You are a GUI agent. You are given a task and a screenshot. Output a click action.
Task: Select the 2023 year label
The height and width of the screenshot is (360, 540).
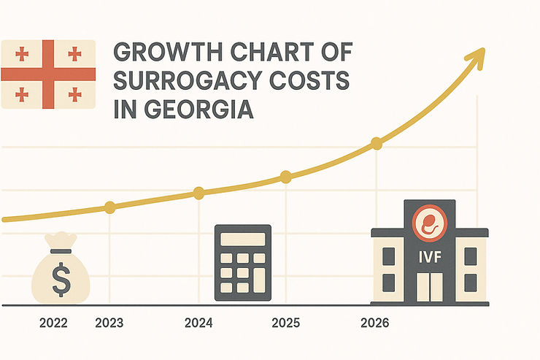[109, 323]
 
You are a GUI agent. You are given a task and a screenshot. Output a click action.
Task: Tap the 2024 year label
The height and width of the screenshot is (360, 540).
[198, 323]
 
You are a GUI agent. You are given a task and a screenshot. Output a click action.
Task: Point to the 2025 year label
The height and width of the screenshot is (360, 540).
[286, 323]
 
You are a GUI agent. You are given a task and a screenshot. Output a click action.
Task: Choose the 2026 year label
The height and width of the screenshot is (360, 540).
[375, 323]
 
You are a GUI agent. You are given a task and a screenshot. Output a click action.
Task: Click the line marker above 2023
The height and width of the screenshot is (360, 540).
[109, 207]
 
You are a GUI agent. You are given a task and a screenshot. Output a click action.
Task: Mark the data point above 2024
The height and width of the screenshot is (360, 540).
[198, 193]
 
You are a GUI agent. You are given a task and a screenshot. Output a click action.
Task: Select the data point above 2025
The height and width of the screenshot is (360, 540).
[286, 176]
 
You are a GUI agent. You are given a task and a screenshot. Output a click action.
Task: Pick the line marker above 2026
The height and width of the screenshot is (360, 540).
[376, 143]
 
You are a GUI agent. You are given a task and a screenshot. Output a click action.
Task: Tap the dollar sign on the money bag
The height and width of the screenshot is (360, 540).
[61, 277]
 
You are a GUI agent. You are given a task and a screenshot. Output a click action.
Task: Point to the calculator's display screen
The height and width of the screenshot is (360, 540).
[244, 239]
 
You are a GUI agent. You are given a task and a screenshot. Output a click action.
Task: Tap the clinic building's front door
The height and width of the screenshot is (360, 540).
[429, 287]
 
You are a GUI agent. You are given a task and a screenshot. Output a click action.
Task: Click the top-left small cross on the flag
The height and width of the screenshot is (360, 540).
[22, 53]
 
